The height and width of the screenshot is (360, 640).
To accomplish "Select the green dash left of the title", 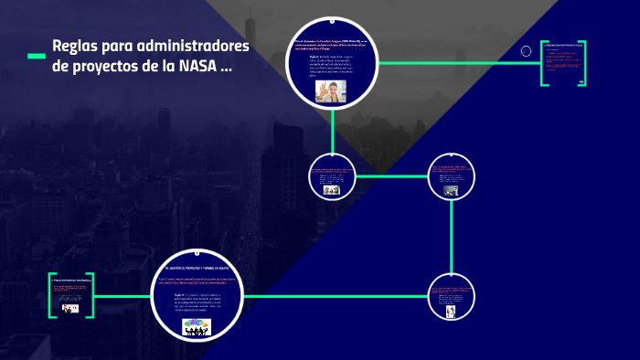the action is coord(37,57).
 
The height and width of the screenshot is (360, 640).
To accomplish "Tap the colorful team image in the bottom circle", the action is coord(196,327).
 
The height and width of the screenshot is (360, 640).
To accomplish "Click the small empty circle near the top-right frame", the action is coord(526,51).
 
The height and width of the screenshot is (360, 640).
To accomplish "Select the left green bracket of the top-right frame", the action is coord(543,63).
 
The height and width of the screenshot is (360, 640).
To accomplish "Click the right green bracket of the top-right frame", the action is coord(586,63).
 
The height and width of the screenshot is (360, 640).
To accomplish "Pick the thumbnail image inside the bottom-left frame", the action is coord(70,309).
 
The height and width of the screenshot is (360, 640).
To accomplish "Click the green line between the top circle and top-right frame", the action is coord(457,62).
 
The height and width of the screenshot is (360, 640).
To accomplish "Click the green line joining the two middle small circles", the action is coord(393,175).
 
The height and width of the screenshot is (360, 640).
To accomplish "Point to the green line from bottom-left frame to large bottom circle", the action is coord(123,296).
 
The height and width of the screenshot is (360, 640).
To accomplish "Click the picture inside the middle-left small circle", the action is coord(331,190).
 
